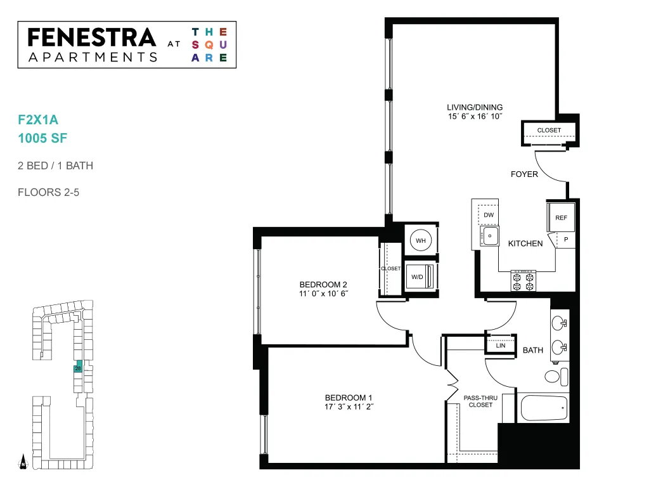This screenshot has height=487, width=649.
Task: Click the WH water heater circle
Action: [x=421, y=240]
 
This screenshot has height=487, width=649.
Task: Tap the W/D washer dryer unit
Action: [x=420, y=276]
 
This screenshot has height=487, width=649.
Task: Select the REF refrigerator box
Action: [x=561, y=217]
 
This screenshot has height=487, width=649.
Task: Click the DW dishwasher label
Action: [x=489, y=215]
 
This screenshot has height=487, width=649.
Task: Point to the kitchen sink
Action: [x=490, y=236]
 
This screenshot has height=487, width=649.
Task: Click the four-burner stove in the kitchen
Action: [x=523, y=281]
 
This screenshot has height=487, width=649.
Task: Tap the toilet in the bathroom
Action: [x=556, y=377]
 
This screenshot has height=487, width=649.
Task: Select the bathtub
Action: [x=544, y=408]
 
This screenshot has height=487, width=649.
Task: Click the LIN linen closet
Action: [x=501, y=344]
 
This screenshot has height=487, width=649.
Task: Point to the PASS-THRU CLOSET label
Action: [x=480, y=401]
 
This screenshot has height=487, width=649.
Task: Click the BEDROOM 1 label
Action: [x=349, y=398]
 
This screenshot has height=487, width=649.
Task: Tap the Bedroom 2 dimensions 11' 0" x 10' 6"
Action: [x=324, y=294]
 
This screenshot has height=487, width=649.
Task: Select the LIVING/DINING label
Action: [x=475, y=107]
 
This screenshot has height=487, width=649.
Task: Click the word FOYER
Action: [x=524, y=174]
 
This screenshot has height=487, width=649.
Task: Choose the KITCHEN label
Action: [x=525, y=243]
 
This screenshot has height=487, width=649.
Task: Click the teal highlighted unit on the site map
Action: [x=78, y=367]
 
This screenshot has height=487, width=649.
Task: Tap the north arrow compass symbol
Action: [x=23, y=462]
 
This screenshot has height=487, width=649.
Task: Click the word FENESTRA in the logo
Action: [x=92, y=37]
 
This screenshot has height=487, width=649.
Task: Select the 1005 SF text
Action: [x=42, y=138]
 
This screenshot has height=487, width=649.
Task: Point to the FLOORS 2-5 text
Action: [x=48, y=193]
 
